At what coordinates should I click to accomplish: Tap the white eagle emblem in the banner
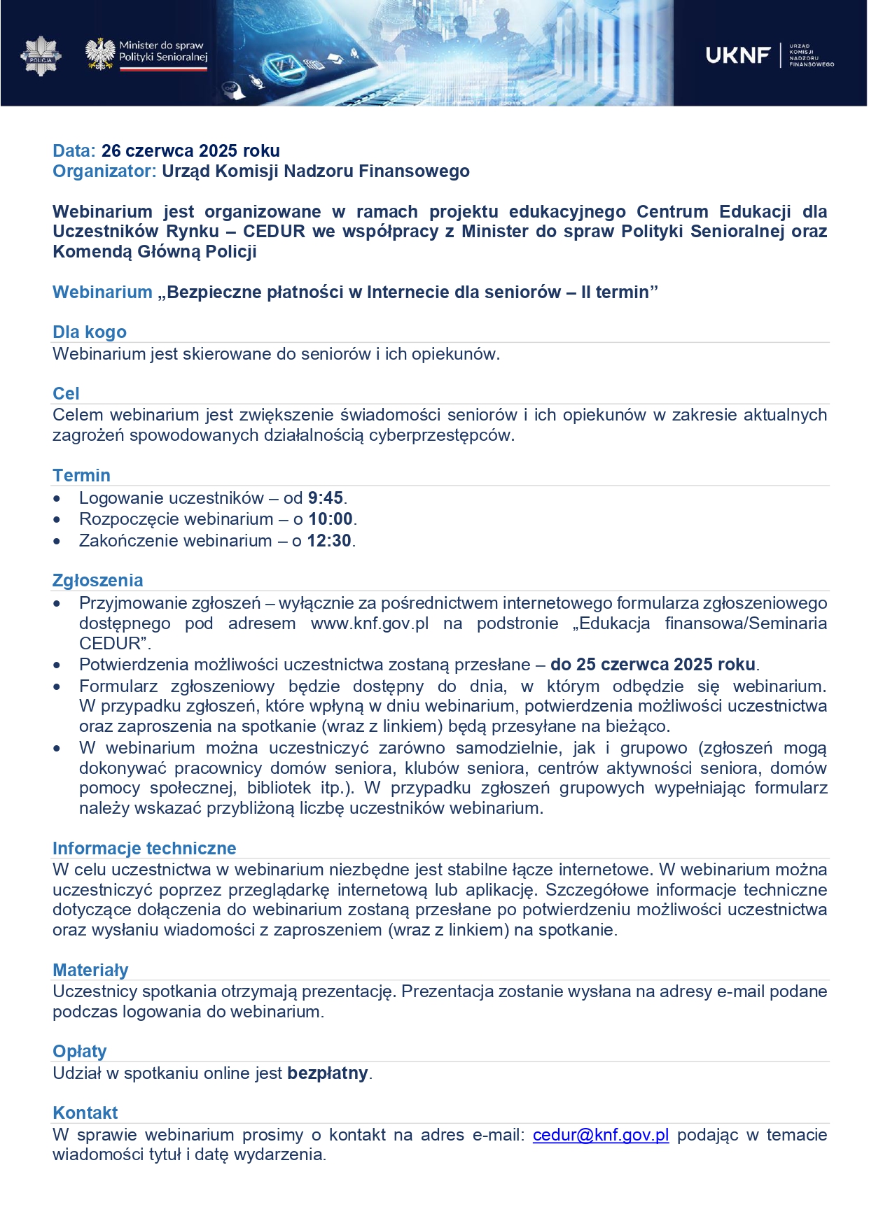(100, 54)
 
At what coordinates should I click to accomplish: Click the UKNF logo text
(738, 55)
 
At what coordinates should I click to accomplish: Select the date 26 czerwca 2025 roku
(190, 150)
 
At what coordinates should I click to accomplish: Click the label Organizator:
(104, 171)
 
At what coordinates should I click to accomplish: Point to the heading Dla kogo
(90, 332)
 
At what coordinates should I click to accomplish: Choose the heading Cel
(66, 393)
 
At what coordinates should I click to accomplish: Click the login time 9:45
(325, 498)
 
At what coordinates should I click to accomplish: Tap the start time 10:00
(331, 519)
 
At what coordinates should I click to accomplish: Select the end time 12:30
(329, 541)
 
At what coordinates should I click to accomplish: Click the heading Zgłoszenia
(98, 580)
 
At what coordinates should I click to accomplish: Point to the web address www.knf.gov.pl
(370, 623)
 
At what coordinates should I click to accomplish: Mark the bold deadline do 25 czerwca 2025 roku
(653, 664)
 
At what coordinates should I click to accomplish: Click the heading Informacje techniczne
(144, 848)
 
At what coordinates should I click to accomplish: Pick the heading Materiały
(90, 970)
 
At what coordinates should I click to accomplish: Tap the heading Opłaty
(80, 1051)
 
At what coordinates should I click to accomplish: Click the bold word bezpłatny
(328, 1073)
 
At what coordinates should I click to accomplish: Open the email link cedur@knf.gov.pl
(601, 1134)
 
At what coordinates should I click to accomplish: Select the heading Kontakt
(85, 1113)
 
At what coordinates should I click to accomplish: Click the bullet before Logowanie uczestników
(57, 499)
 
